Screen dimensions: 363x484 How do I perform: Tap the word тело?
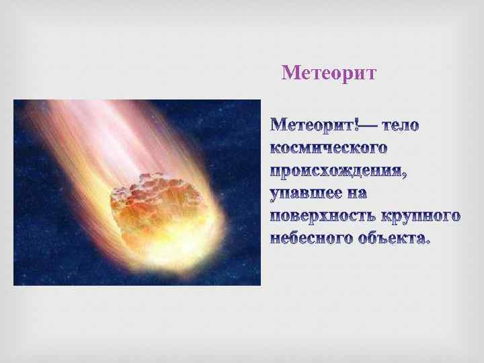click(x=401, y=126)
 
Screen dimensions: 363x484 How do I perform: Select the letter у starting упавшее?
click(x=275, y=195)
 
